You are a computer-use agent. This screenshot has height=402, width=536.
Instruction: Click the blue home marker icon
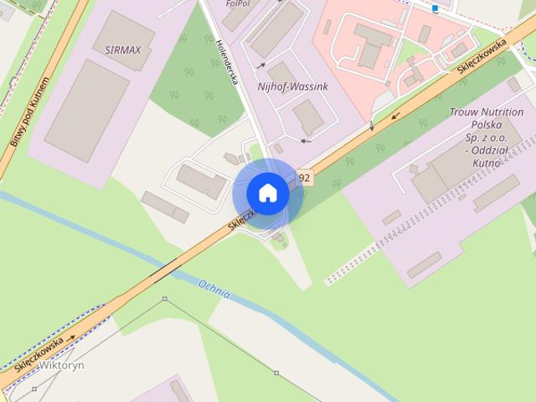click(x=267, y=193)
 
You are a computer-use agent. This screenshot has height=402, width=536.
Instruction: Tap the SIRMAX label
click(x=124, y=49)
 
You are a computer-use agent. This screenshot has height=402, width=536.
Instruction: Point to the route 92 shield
click(x=304, y=178)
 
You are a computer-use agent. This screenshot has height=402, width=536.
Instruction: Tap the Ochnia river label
click(x=215, y=290)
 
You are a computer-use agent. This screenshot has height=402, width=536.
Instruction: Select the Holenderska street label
click(x=227, y=63)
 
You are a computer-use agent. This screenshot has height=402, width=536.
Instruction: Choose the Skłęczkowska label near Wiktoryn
click(x=39, y=353)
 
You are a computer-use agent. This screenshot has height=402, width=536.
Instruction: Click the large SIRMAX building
click(x=87, y=110)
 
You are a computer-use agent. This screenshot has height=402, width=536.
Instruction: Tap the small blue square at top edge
click(x=435, y=8)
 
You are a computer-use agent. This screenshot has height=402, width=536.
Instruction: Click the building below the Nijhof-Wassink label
click(x=308, y=116)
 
